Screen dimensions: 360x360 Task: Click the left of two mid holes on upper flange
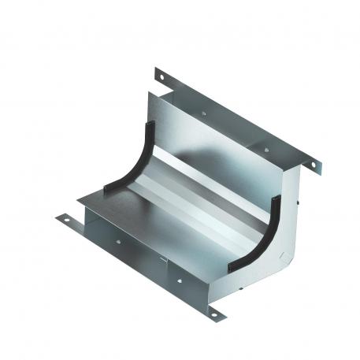(203, 113)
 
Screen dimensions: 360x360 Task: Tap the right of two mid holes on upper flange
(266, 147)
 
